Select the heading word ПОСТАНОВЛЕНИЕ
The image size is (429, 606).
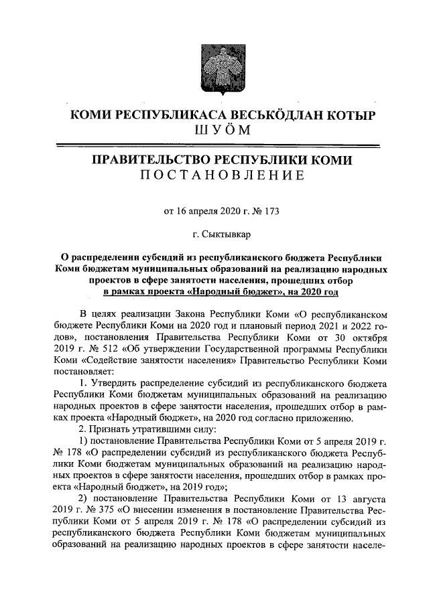[214, 176]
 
